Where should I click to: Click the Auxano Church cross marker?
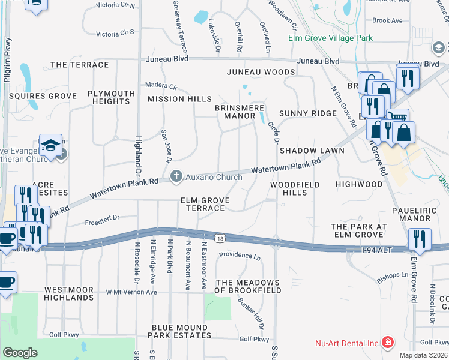176,176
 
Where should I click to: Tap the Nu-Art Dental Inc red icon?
388,343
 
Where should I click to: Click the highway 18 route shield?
221,238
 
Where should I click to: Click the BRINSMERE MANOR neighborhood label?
240,112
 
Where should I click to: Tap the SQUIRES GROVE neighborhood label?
42,96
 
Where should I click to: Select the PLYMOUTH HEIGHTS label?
111,97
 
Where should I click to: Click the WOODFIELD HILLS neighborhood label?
294,188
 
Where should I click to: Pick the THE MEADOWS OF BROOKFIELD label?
248,286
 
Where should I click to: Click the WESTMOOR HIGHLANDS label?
68,293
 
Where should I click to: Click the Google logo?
20,352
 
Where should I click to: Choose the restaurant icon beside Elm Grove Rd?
420,239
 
